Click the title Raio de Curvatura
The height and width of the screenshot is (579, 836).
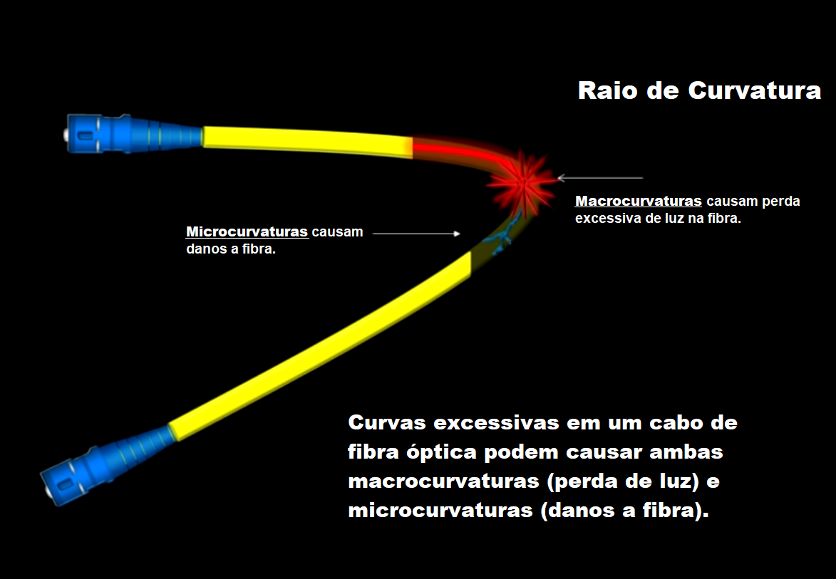[x=699, y=90]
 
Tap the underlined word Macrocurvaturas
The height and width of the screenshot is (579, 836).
[x=638, y=202]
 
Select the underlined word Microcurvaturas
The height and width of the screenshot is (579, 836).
[x=247, y=232]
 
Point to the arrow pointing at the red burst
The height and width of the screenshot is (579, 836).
[x=600, y=178]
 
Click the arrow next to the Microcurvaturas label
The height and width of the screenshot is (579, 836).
[x=416, y=234]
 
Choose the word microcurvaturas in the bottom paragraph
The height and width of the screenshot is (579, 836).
[x=440, y=511]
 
